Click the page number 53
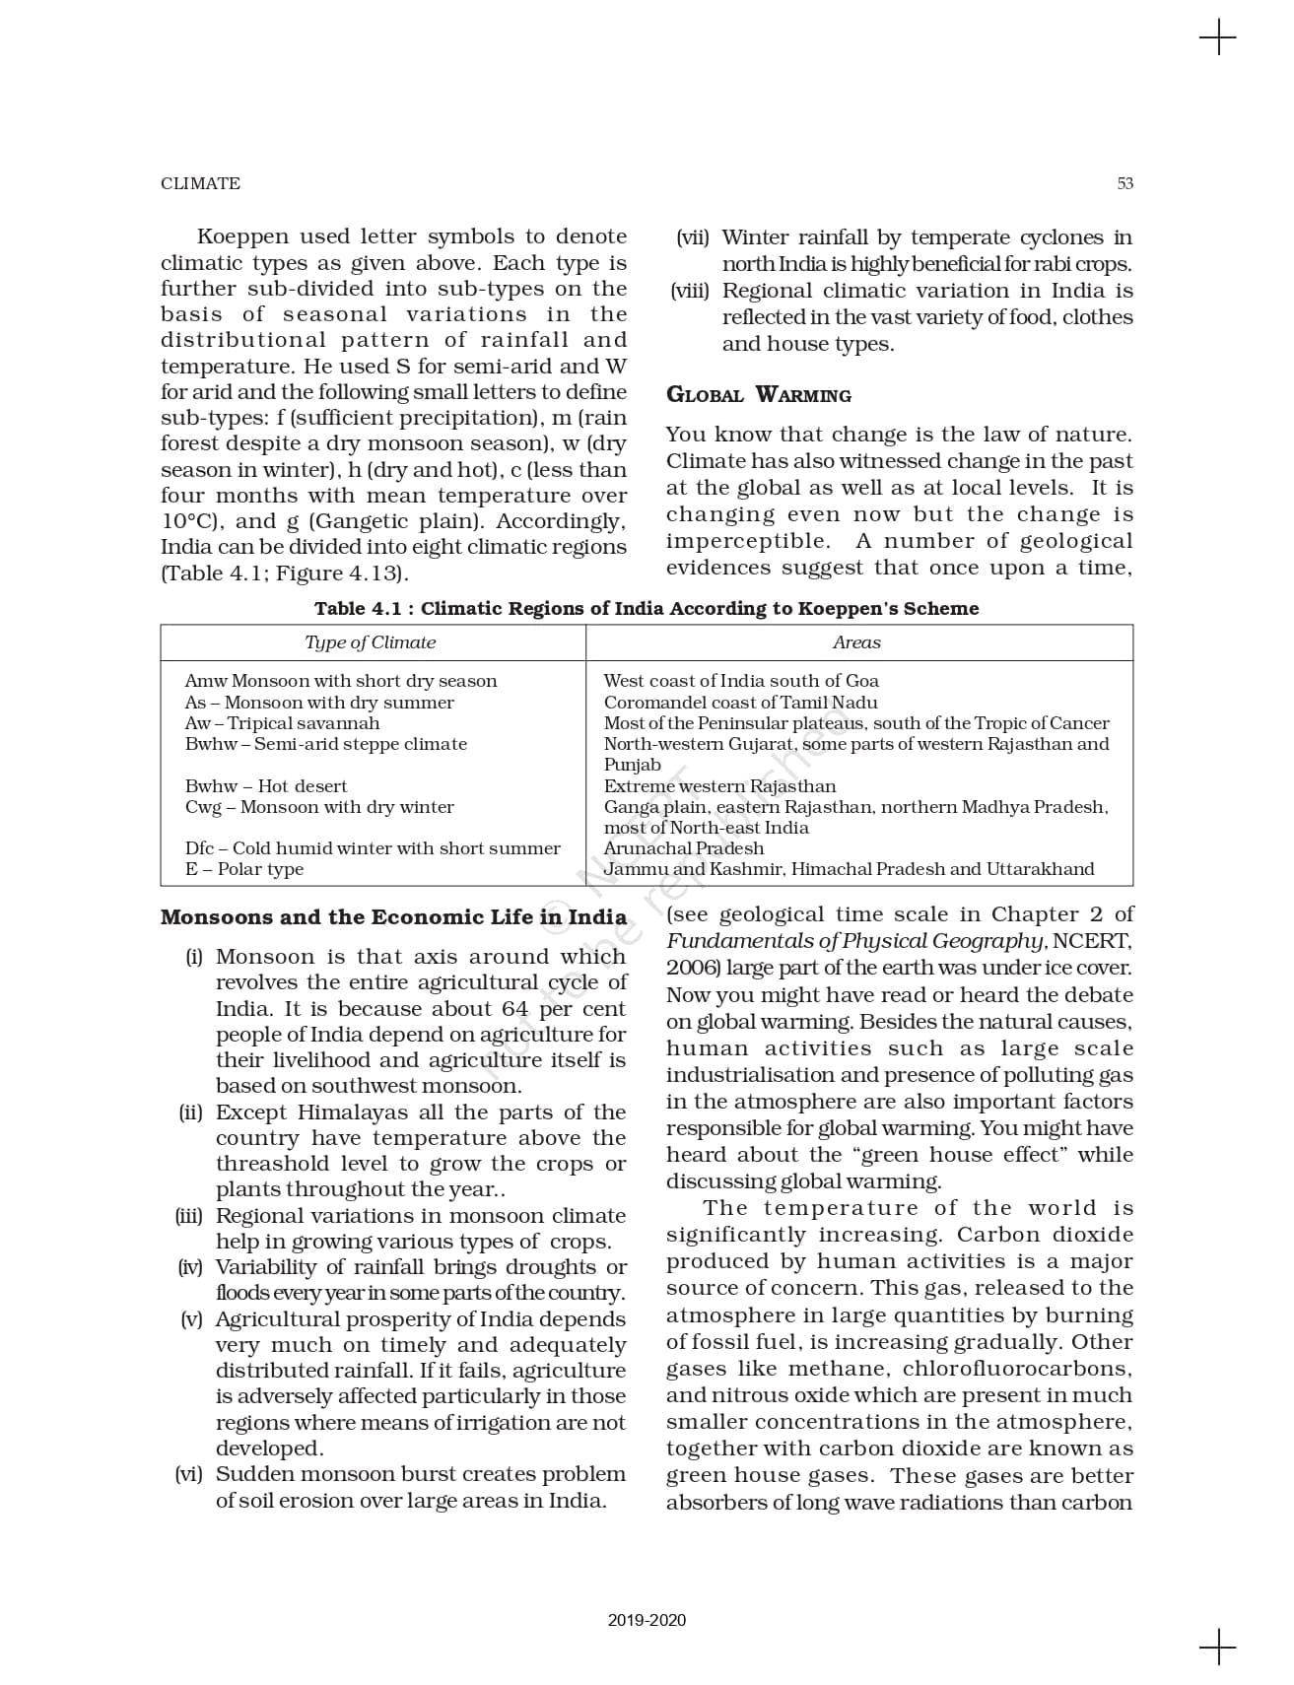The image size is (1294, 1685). pos(1124,183)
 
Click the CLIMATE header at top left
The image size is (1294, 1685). pos(200,183)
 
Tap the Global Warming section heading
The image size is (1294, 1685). pos(758,395)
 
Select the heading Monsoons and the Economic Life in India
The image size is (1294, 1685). pos(393,917)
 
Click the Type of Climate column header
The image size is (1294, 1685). pos(370,642)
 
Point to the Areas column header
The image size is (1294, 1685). pos(856,642)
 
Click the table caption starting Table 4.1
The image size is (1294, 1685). pos(647,608)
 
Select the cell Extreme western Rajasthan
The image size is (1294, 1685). pos(719,786)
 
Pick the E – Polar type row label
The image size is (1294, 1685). pos(244,869)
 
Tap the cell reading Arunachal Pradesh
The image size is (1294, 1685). pos(683,848)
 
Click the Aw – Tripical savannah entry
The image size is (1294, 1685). pos(282,723)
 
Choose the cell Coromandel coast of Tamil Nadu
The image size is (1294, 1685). pos(740,703)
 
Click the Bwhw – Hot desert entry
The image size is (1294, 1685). pos(266,786)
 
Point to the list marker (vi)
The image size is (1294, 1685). pos(189,1474)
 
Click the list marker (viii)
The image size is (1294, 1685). pos(690,291)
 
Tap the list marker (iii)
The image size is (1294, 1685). pos(189,1216)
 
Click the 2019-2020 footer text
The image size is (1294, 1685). pos(647,1620)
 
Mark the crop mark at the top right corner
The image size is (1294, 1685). pos(1218,38)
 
